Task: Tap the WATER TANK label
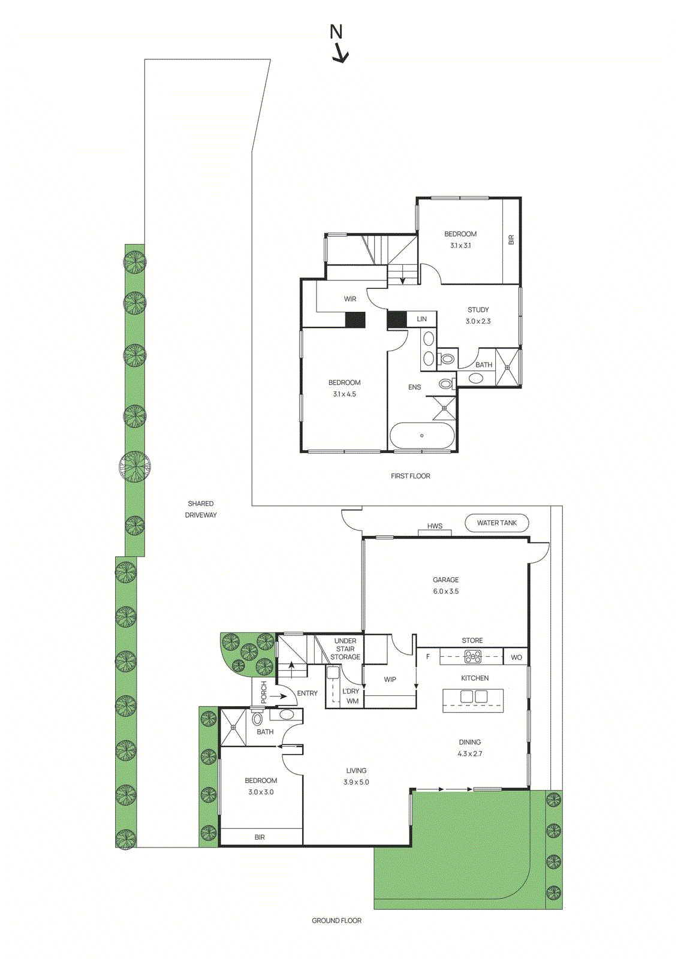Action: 496,523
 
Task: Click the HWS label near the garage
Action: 435,526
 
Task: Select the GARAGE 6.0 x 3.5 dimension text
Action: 445,591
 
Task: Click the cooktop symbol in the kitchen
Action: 473,656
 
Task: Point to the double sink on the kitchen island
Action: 473,696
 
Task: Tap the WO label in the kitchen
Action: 516,657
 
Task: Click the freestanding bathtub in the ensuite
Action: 422,436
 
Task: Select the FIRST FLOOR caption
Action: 410,476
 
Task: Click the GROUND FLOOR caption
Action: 336,921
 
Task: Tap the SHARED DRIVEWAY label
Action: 200,509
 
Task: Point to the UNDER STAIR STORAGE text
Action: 345,649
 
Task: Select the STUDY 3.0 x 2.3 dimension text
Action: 478,321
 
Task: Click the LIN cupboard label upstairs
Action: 422,319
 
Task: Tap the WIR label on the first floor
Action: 350,298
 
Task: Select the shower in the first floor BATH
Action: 508,367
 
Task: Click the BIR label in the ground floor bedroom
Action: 260,837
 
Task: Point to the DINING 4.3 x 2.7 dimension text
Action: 469,753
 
